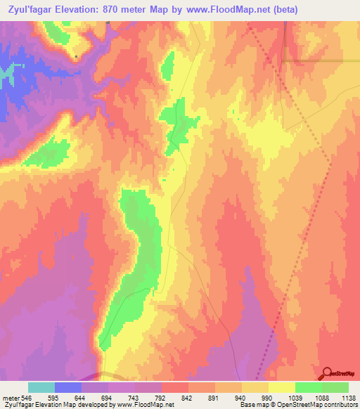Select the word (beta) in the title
tap(285, 10)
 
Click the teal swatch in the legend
tap(41, 387)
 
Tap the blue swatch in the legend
tap(68, 387)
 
